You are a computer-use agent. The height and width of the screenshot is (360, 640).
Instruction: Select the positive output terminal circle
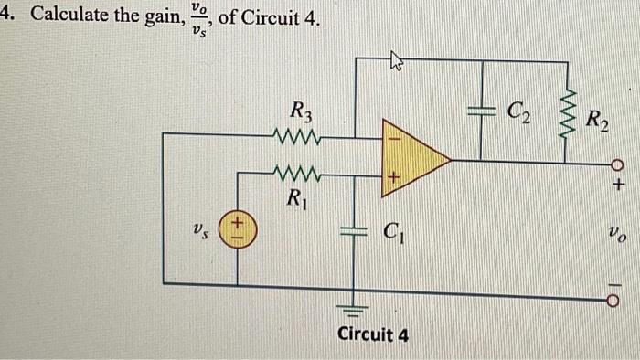click(618, 165)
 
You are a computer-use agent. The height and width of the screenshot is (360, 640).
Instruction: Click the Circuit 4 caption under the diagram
click(373, 334)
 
